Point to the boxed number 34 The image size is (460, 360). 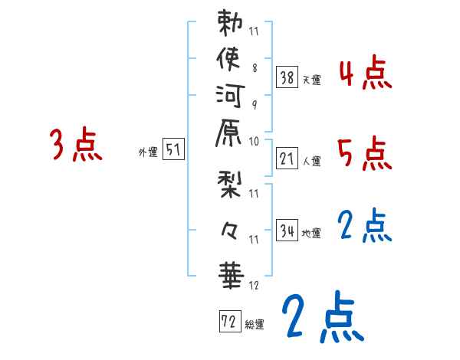tap(287, 231)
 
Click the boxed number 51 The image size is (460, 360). tap(174, 150)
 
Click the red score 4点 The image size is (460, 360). tap(365, 75)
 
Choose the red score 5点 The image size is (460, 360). tap(365, 153)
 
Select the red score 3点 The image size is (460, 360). tap(75, 146)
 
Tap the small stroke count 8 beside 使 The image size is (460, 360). tap(254, 67)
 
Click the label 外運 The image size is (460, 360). tap(149, 152)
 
